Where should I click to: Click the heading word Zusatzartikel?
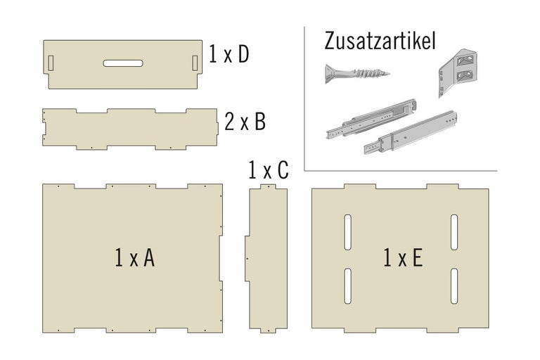point(380,41)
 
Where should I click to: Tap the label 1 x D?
point(229,54)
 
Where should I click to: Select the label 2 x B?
point(245,122)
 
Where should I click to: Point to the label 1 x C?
point(269,170)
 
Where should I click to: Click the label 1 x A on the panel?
point(135,257)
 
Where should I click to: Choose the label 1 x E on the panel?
point(403,257)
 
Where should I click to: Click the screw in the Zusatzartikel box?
point(357,73)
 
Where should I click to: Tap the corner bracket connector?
point(457,72)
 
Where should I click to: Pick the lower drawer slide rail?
point(411,132)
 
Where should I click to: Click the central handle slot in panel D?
point(123,63)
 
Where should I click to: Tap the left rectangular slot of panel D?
point(51,63)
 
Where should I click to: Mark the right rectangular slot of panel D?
point(195,63)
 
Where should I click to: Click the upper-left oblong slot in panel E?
point(348,232)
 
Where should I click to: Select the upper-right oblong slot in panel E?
point(455,232)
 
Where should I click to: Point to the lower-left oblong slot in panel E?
point(348,286)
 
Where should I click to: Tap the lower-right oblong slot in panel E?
point(455,286)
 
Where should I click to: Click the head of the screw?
point(330,73)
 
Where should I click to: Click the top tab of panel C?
point(268,186)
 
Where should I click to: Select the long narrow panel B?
point(130,129)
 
